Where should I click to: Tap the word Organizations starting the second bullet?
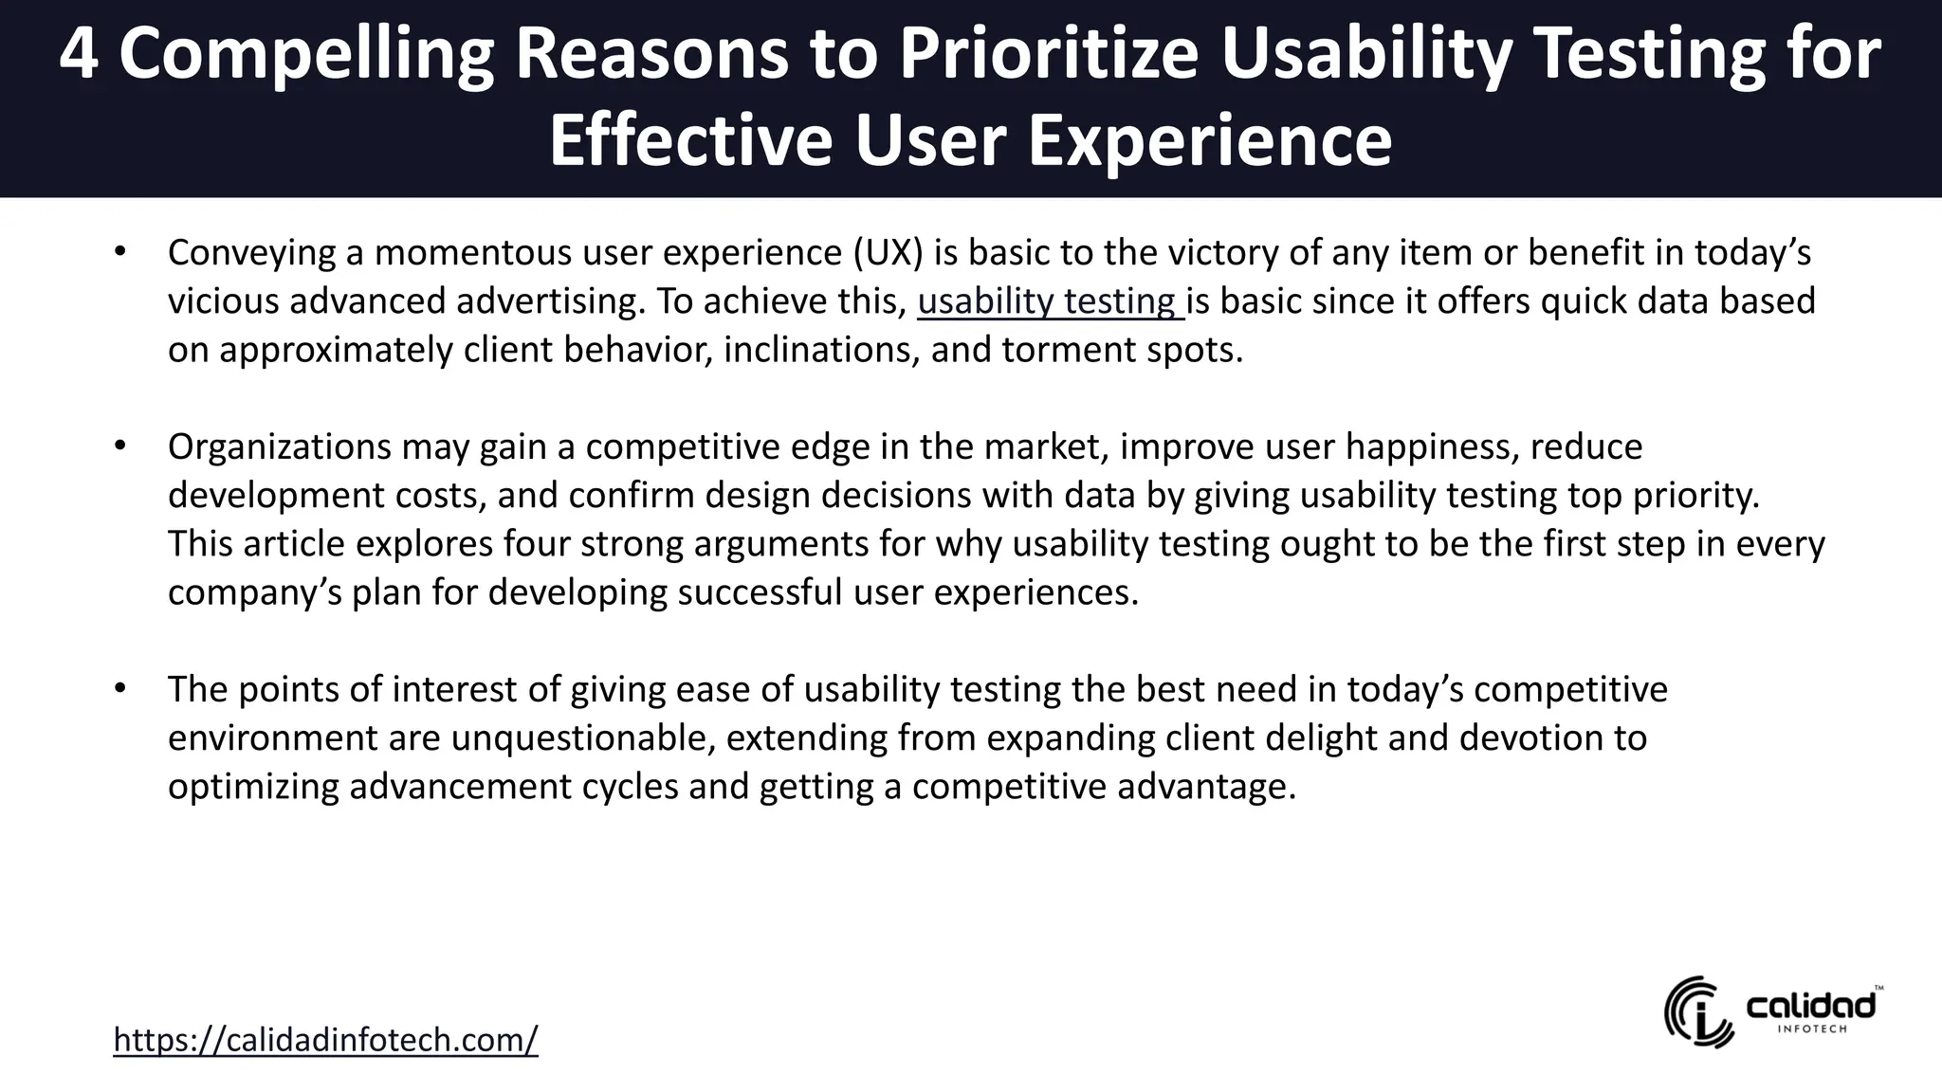tap(279, 446)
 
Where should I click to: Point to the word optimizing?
tap(253, 787)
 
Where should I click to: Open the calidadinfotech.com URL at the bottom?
tap(325, 1040)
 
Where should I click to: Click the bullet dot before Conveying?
tap(119, 253)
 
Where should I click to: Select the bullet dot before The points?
tap(119, 689)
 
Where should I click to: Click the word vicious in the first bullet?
tap(223, 301)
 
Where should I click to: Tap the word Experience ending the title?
tap(1209, 140)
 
